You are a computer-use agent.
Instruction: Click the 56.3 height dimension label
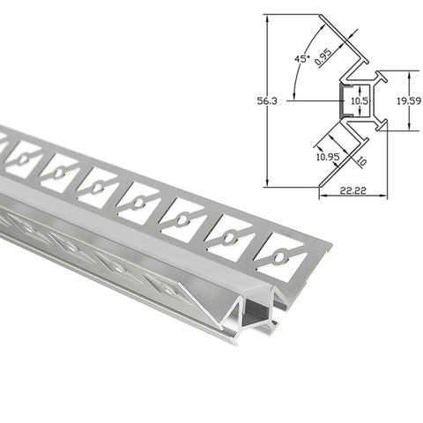[x=267, y=101]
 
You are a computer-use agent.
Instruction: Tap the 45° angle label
[x=302, y=58]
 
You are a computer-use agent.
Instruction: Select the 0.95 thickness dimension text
[x=323, y=56]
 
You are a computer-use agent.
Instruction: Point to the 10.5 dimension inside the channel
[x=360, y=101]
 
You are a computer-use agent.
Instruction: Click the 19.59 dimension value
[x=409, y=101]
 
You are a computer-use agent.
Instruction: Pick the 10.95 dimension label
[x=328, y=157]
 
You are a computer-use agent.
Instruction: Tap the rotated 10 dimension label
[x=361, y=161]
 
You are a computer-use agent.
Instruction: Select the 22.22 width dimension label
[x=353, y=190]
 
